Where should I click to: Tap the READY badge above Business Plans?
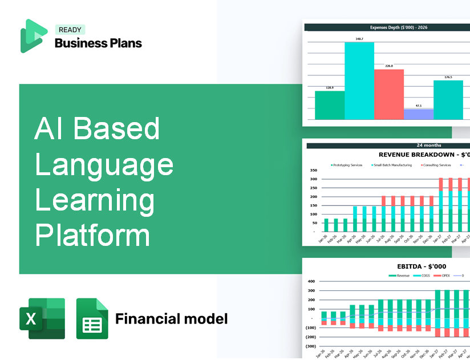[70, 30]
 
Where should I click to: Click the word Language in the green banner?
[104, 165]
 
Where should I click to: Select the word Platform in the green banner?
[92, 235]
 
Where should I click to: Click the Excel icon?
[42, 318]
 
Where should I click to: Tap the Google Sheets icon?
[92, 318]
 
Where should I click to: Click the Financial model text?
[171, 318]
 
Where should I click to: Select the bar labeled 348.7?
[359, 80]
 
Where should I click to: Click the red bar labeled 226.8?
[388, 94]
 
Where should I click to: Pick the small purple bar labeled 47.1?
[419, 114]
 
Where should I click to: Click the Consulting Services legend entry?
[436, 165]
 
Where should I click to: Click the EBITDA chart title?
[422, 266]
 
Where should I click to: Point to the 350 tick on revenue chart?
[313, 171]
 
